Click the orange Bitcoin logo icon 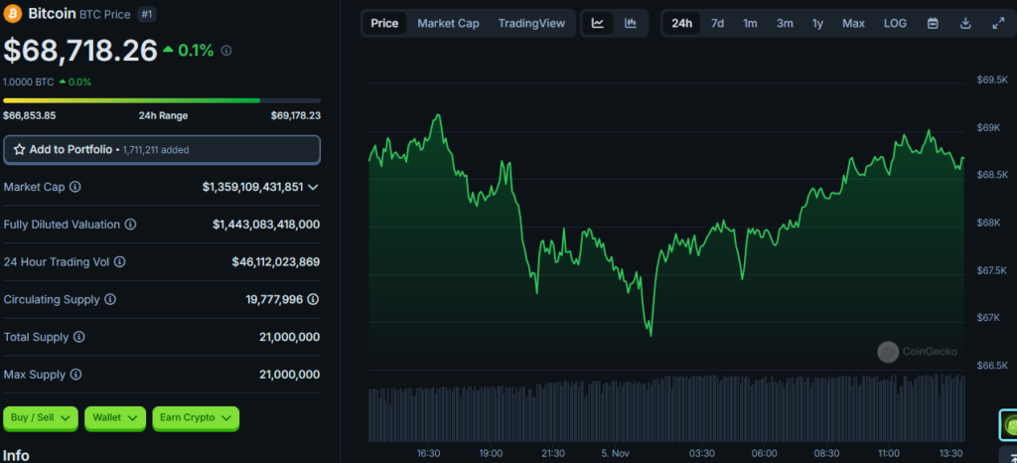[13, 14]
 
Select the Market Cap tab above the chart [448, 23]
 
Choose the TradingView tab [532, 23]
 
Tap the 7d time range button [717, 23]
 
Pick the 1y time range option [817, 23]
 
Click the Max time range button [853, 23]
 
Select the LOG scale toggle [895, 23]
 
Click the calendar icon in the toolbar [933, 23]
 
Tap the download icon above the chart [965, 23]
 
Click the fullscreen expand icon [998, 23]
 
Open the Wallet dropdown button [115, 418]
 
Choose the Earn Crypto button [196, 418]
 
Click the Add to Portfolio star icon [20, 150]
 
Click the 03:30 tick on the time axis [702, 453]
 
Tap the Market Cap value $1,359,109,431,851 [252, 187]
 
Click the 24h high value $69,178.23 [296, 116]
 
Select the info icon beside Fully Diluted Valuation [130, 225]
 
